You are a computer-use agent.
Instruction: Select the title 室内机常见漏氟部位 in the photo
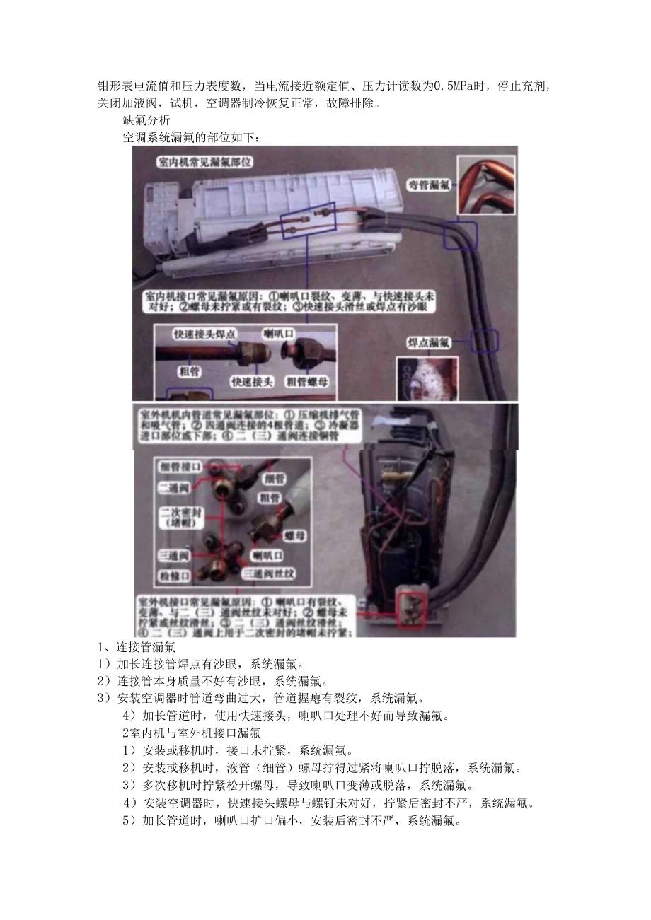coord(204,162)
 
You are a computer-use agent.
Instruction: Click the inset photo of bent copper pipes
coord(485,184)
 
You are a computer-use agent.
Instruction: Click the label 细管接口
coord(181,467)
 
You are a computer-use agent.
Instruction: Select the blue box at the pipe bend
coord(461,232)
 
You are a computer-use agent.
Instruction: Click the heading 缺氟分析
coord(146,120)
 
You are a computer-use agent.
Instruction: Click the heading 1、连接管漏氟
coord(137,646)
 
